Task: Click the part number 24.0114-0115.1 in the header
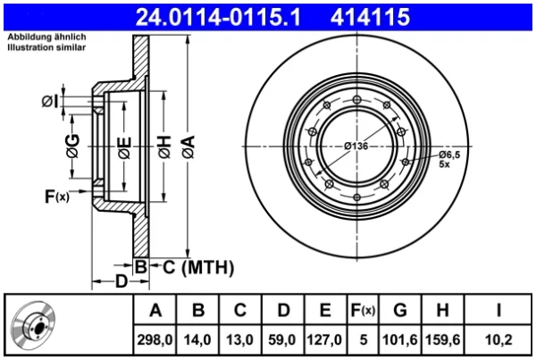pyautogui.click(x=218, y=17)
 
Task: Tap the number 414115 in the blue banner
pyautogui.click(x=370, y=17)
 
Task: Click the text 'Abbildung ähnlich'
pyautogui.click(x=46, y=37)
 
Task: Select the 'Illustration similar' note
pyautogui.click(x=46, y=47)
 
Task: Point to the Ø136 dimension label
pyautogui.click(x=356, y=147)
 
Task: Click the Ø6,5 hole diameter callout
pyautogui.click(x=449, y=155)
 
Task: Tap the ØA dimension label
pyautogui.click(x=188, y=147)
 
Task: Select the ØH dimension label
pyautogui.click(x=164, y=147)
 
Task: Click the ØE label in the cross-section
pyautogui.click(x=124, y=148)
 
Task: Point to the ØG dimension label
pyautogui.click(x=73, y=146)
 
